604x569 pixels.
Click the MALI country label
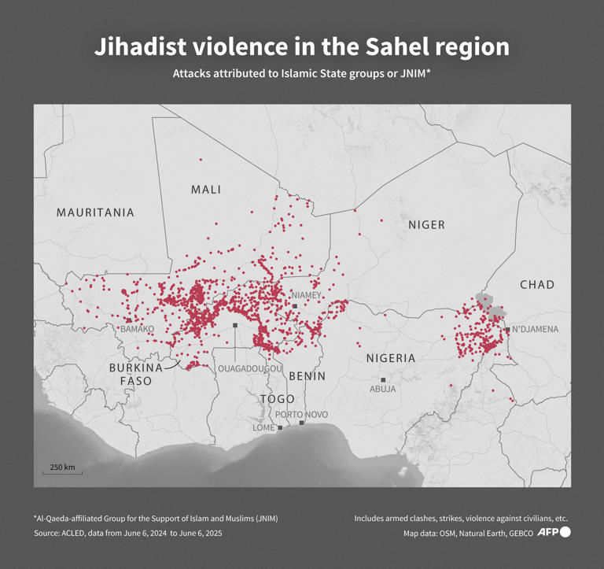[206, 190]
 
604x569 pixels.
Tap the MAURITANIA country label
[95, 212]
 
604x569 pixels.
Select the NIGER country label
[426, 225]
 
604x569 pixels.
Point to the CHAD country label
[537, 285]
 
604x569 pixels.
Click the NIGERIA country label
[391, 358]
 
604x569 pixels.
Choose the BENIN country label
[307, 376]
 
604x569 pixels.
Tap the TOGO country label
[278, 399]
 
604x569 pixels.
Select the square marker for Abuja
[383, 380]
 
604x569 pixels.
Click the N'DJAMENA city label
[536, 330]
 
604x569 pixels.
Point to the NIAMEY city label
[307, 295]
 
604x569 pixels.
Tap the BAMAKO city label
[137, 328]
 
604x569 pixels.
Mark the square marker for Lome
[280, 428]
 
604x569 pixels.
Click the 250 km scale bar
[62, 473]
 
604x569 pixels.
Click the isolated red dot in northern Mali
[201, 160]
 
